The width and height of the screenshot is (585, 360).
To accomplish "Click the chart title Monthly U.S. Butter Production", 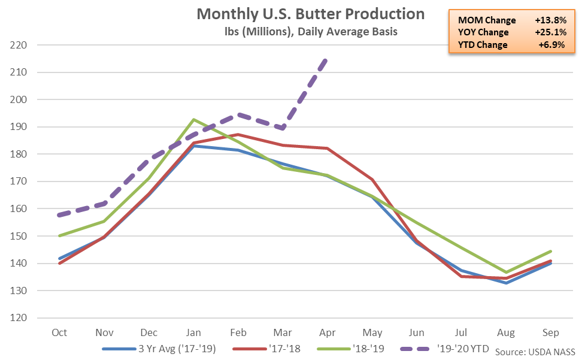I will pos(310,14).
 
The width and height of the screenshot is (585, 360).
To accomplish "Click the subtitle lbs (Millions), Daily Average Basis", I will pos(310,31).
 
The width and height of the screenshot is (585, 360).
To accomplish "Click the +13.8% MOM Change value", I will pos(550,19).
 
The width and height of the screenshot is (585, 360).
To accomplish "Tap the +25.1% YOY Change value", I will pos(550,32).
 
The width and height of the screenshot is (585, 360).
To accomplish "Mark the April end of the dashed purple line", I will pos(326,59).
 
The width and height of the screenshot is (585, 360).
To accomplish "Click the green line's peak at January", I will pos(193,119).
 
